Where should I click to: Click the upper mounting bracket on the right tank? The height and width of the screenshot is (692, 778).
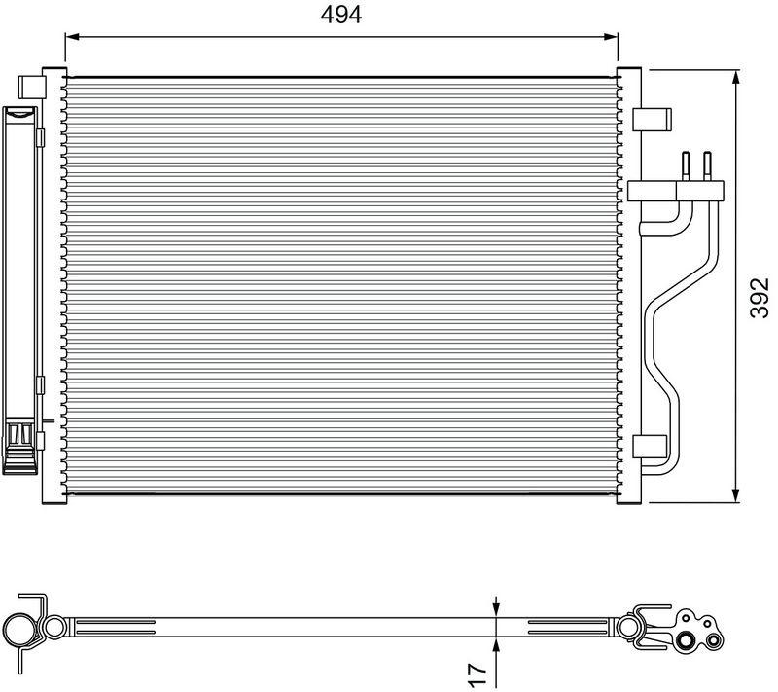click(x=652, y=118)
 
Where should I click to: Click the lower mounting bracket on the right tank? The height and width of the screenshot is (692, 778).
click(x=650, y=447)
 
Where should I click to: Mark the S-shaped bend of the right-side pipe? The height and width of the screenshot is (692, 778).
click(x=661, y=341)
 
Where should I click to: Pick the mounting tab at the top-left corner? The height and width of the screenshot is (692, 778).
click(x=32, y=85)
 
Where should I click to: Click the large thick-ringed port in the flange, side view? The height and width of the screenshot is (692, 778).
click(x=690, y=640)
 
